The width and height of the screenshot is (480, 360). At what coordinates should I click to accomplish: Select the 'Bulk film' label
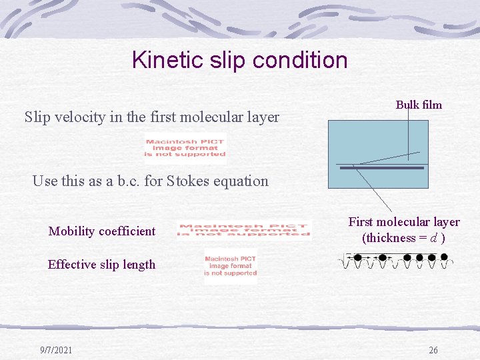(x=419, y=105)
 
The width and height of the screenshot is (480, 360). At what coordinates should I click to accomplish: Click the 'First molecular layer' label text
(x=404, y=222)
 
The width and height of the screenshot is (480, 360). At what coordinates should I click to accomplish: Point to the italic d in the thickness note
(x=433, y=238)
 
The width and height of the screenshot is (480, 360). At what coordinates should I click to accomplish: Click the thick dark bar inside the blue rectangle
(x=382, y=168)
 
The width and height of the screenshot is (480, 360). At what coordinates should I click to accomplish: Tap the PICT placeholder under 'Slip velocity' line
(x=185, y=148)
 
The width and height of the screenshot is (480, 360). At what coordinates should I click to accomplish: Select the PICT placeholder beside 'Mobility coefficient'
(x=243, y=229)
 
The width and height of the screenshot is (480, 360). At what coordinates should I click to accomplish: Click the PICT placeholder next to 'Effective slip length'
(x=230, y=266)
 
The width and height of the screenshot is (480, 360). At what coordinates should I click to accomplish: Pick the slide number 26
(x=433, y=350)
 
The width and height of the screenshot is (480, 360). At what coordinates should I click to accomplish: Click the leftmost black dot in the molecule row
(x=357, y=257)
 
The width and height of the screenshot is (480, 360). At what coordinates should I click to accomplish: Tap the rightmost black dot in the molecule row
(x=444, y=257)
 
